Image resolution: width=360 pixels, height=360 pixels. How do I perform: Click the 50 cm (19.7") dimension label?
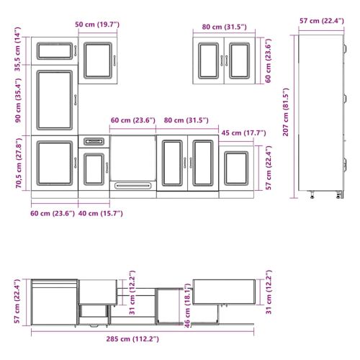click(x=97, y=24)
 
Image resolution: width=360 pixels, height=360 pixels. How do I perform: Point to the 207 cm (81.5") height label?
click(x=286, y=112)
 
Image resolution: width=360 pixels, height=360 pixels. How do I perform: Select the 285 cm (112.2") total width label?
click(x=132, y=339)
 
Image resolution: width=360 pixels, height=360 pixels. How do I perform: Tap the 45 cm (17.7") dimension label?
click(x=243, y=132)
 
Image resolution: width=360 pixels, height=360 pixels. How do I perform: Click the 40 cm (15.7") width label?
click(x=101, y=213)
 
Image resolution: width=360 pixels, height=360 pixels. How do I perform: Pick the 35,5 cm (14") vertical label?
click(x=18, y=49)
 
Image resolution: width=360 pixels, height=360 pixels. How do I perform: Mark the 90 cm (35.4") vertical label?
click(x=18, y=100)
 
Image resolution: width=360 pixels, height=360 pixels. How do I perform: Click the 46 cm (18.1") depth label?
click(x=187, y=305)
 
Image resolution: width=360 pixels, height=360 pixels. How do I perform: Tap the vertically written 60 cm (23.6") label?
click(x=268, y=60)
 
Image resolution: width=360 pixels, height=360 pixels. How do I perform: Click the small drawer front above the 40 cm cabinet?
click(x=94, y=141)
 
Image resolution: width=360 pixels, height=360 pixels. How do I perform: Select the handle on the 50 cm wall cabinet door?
click(x=114, y=60)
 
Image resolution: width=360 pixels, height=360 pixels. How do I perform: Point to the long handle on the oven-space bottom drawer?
click(x=132, y=186)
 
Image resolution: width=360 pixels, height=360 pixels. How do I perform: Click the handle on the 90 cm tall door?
click(x=76, y=100)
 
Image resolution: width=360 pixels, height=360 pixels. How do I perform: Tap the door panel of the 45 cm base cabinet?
click(x=236, y=168)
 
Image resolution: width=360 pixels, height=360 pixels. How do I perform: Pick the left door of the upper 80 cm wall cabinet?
click(x=209, y=60)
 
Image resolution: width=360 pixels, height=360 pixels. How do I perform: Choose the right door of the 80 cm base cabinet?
click(x=203, y=163)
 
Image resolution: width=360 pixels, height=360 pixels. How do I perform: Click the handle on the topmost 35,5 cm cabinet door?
click(x=76, y=51)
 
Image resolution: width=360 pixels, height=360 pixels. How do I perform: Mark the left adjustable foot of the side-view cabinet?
click(x=312, y=194)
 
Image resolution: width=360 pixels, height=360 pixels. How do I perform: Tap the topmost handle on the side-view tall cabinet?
click(x=345, y=48)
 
